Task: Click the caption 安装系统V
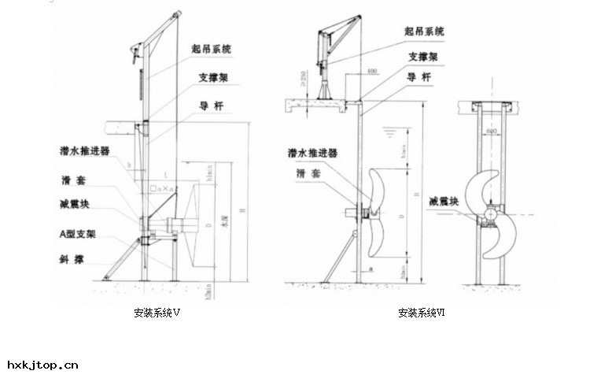pos(157,313)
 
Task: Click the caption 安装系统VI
pos(422,313)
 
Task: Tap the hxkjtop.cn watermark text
pos(43,365)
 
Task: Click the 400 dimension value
pos(372,72)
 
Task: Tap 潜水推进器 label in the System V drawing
pos(84,150)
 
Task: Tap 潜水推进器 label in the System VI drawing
pos(312,153)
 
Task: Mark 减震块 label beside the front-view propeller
pos(444,202)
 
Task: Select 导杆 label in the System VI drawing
pos(418,77)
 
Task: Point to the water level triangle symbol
pos(388,134)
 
